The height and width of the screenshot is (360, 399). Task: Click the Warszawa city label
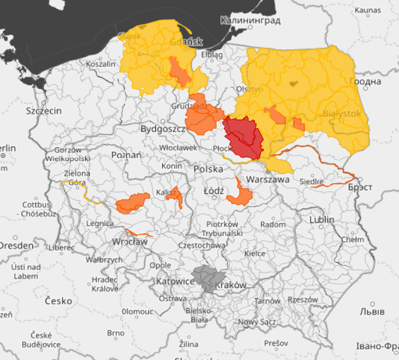point(268,179)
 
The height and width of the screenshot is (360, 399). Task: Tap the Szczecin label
point(44,111)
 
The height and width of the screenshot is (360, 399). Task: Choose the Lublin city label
point(321,220)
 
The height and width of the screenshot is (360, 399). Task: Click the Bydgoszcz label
point(162,129)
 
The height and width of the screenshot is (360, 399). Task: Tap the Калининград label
point(249,20)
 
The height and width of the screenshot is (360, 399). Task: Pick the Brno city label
point(116,333)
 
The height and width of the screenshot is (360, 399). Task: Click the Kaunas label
point(368,10)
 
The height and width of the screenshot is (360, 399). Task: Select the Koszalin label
point(101,64)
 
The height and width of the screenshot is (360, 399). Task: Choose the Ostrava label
point(172,298)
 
